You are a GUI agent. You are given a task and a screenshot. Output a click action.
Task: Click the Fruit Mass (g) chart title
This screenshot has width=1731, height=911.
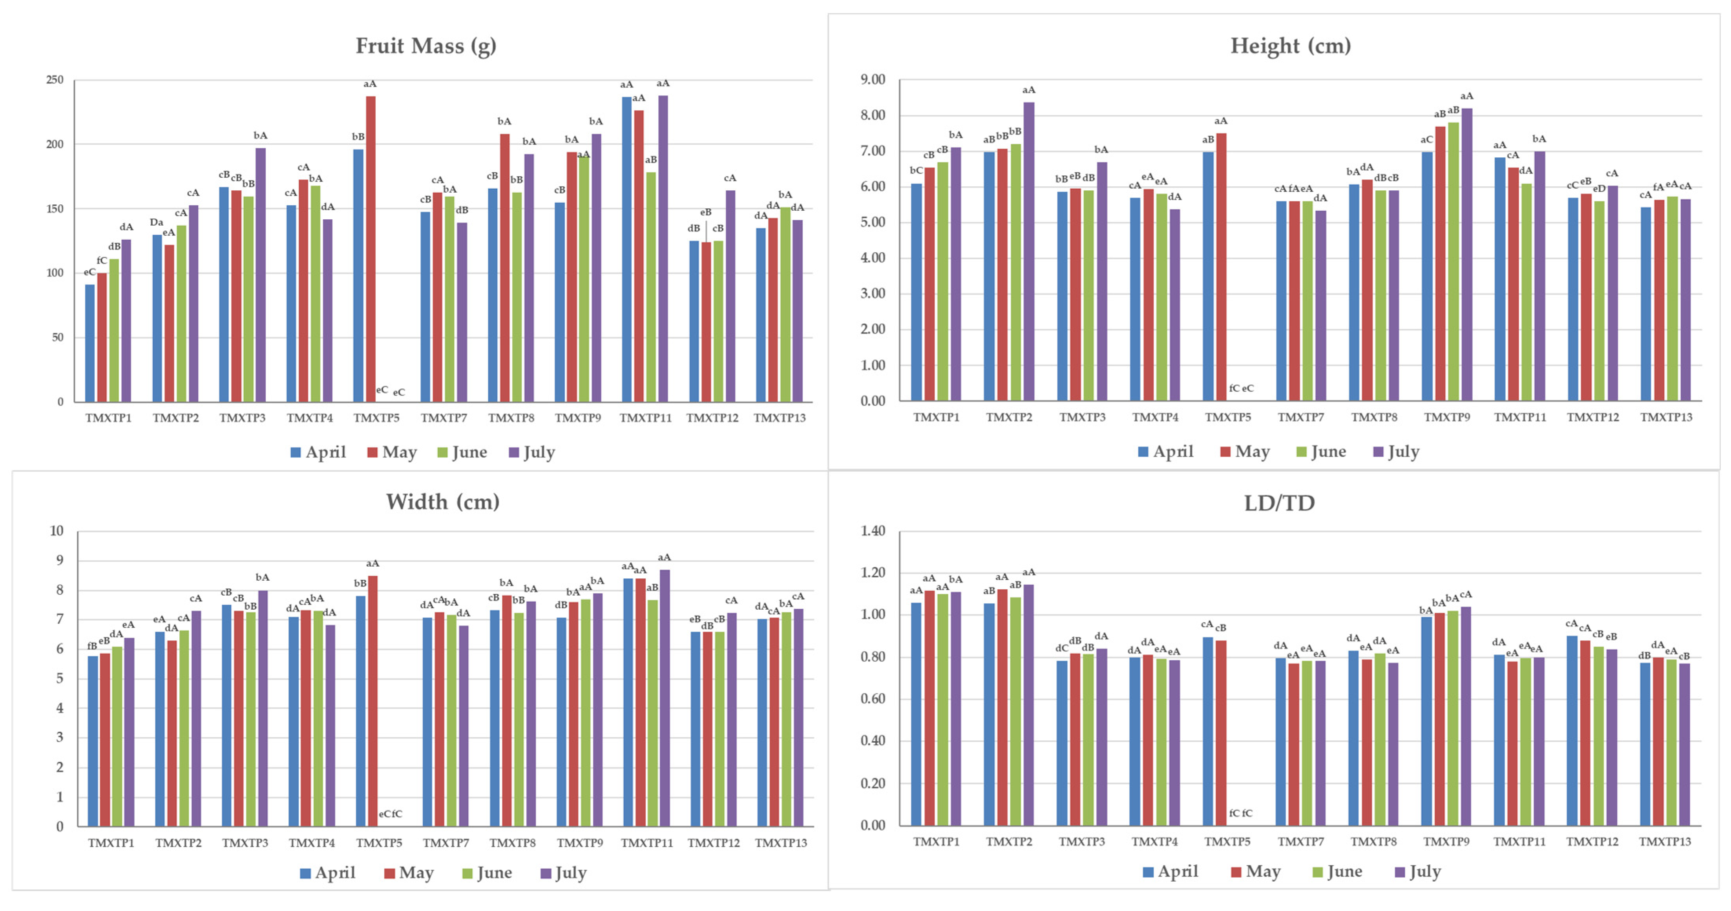tap(426, 46)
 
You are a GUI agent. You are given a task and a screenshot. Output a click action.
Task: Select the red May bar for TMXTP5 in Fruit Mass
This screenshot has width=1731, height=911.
tap(370, 249)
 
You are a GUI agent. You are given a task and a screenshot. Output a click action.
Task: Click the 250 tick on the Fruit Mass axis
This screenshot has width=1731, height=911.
tap(55, 80)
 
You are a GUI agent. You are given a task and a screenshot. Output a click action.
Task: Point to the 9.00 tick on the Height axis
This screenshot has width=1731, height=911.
tap(872, 80)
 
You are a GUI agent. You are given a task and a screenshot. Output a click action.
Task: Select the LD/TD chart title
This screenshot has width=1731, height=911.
tap(1279, 503)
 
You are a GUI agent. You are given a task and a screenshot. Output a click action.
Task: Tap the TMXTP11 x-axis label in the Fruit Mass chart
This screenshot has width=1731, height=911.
tap(645, 418)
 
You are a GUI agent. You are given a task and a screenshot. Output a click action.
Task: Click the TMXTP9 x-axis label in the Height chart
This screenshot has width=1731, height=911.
tap(1447, 417)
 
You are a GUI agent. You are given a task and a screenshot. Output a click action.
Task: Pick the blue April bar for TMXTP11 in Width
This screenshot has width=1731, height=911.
tap(628, 702)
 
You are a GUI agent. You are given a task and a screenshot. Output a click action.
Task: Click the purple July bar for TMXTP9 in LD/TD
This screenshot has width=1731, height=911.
tap(1466, 716)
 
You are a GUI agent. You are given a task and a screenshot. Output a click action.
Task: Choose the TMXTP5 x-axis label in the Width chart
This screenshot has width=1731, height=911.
tap(379, 842)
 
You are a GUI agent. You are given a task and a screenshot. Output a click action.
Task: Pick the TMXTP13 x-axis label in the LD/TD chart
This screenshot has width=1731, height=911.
tap(1665, 841)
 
